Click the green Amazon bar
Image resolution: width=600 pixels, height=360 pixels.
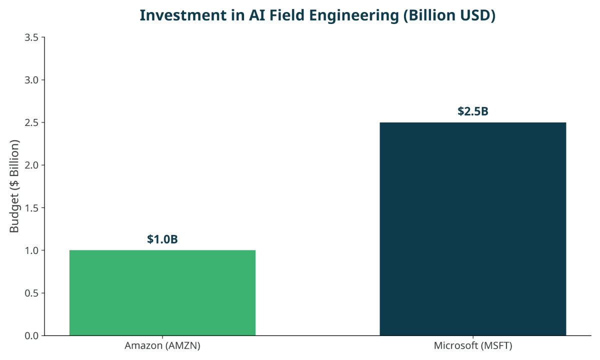tap(162, 293)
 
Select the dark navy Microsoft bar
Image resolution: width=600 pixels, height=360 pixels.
tap(473, 229)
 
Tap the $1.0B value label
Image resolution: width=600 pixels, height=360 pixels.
tap(162, 239)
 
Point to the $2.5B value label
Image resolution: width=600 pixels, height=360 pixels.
tap(473, 111)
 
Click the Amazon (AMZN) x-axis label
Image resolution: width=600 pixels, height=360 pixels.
tap(162, 345)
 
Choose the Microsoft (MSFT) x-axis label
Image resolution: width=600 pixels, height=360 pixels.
tap(473, 345)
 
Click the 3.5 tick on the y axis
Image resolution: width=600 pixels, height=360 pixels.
tap(31, 37)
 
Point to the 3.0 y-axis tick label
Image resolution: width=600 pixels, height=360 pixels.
tap(31, 80)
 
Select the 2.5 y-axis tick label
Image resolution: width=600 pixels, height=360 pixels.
tap(31, 122)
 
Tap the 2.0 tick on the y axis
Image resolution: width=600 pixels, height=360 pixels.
tap(31, 165)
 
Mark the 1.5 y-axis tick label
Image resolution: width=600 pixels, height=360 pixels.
tap(31, 208)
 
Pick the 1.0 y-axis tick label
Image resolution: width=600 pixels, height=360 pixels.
tap(31, 250)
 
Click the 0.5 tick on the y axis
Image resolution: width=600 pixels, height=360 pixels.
tap(31, 293)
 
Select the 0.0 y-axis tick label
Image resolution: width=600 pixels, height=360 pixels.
tap(31, 335)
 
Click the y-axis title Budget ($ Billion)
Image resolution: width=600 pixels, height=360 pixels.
tap(14, 186)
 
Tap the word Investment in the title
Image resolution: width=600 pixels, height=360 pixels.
tap(183, 15)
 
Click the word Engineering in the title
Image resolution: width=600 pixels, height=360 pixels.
tap(354, 16)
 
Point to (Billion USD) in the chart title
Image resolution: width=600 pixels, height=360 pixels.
tap(449, 15)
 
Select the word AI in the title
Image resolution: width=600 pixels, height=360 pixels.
tap(257, 15)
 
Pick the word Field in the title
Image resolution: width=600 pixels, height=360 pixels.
tap(287, 15)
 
